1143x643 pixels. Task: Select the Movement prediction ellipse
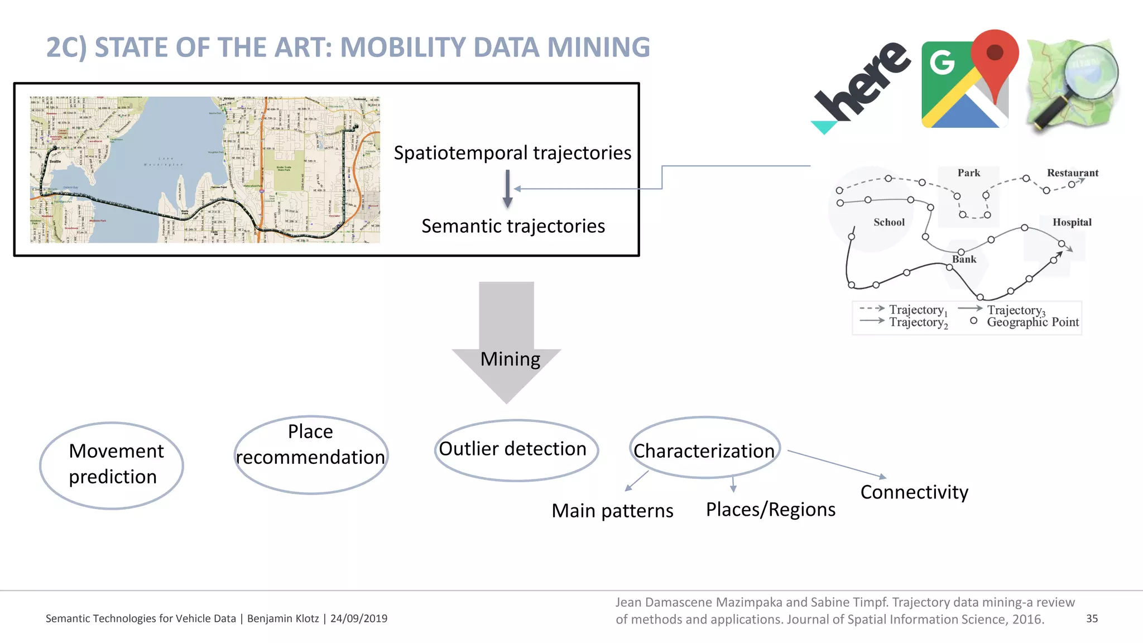[x=112, y=464]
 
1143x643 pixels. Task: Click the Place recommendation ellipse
[x=311, y=454]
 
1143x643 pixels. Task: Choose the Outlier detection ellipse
[x=516, y=449]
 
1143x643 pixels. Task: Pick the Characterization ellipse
[x=704, y=448]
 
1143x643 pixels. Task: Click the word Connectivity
[x=914, y=492]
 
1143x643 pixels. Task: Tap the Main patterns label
[x=612, y=511]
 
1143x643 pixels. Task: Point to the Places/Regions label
[x=770, y=510]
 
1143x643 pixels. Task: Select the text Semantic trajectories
[x=513, y=226]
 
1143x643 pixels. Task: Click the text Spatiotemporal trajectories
[x=512, y=153]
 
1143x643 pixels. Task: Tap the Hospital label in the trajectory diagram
[x=1072, y=222]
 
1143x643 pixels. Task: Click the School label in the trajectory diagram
[x=889, y=222]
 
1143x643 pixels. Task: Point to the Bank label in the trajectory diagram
[x=964, y=260]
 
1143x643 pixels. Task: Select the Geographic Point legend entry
[x=1032, y=322]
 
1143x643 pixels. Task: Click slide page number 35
[x=1092, y=618]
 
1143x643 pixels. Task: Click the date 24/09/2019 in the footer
[x=358, y=618]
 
